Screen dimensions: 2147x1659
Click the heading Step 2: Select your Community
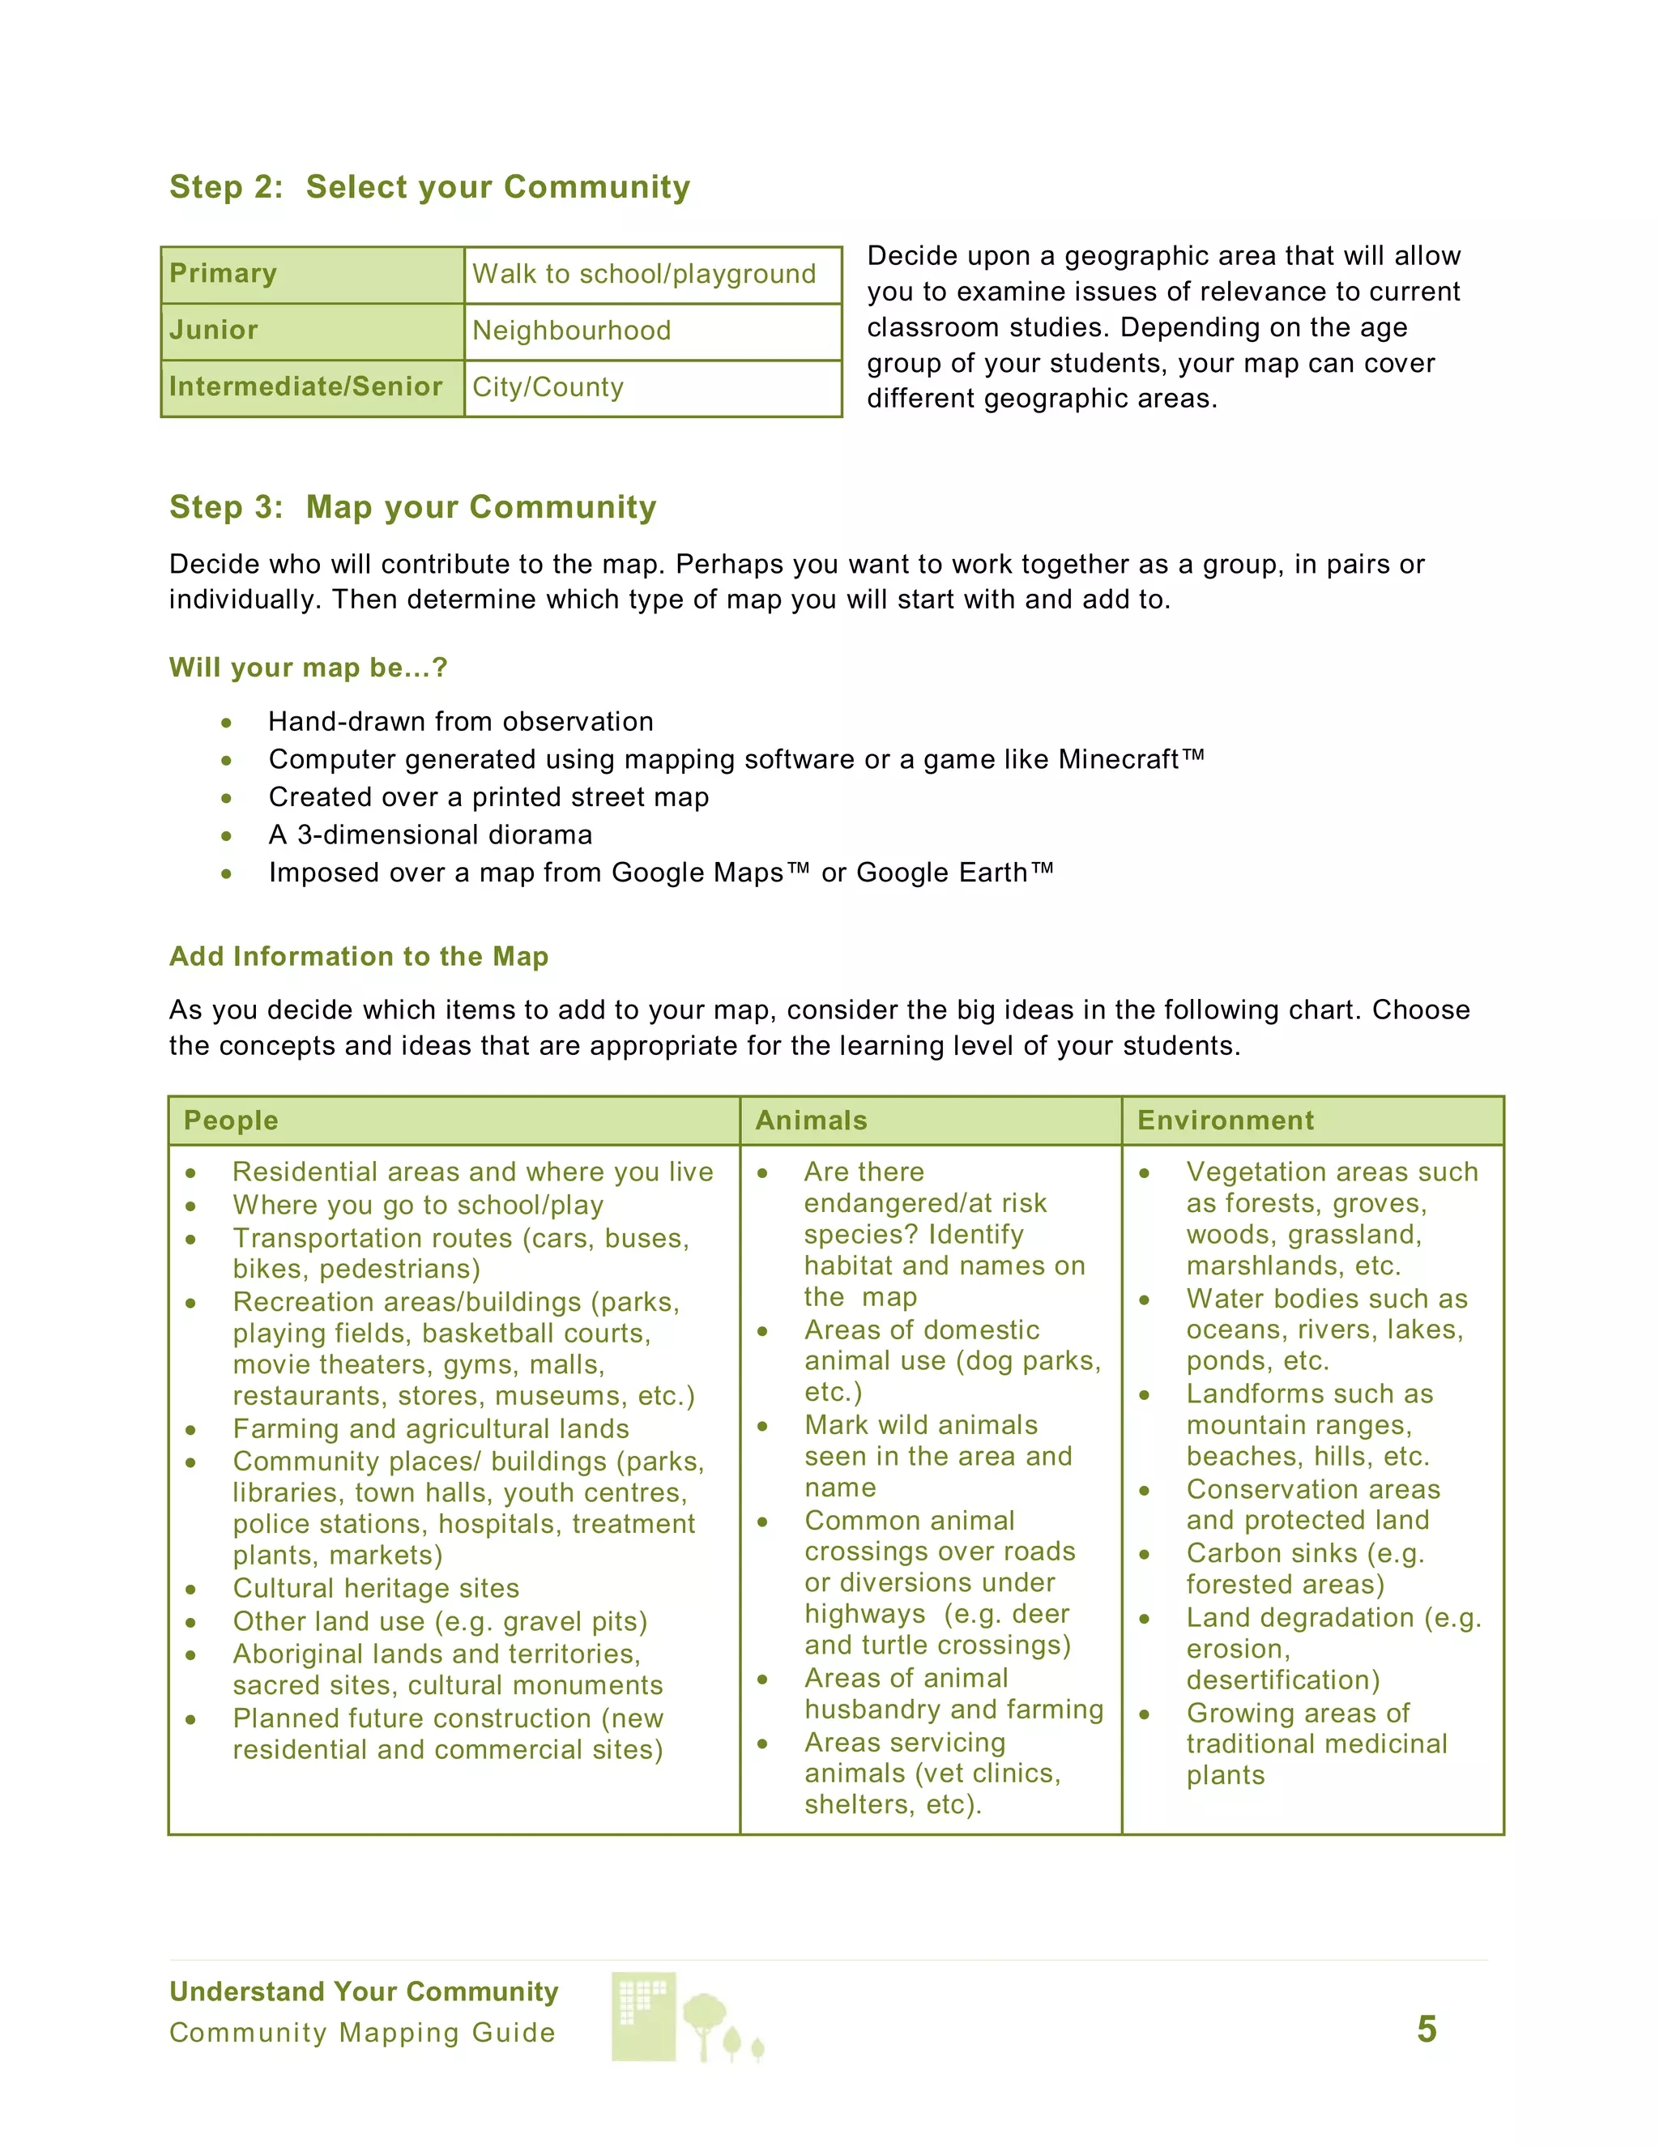[x=429, y=187]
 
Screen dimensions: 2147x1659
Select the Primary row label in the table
[x=223, y=273]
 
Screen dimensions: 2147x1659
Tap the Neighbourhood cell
[x=571, y=331]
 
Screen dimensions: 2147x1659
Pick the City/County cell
[x=548, y=387]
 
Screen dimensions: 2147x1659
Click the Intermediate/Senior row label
[x=305, y=386]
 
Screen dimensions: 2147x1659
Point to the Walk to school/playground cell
[x=644, y=273]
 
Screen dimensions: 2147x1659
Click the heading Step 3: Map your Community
[x=413, y=506]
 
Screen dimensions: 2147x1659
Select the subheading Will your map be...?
[x=308, y=668]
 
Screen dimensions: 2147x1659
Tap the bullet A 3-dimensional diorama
[x=430, y=834]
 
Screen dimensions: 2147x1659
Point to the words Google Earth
[x=941, y=872]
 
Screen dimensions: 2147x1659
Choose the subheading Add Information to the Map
[x=359, y=957]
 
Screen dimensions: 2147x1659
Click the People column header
[x=231, y=1120]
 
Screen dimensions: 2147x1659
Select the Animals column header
[x=811, y=1120]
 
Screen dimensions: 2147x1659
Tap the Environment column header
[x=1225, y=1120]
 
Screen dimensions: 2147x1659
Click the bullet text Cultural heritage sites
[x=375, y=1589]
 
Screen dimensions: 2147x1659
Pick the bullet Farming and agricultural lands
[x=430, y=1429]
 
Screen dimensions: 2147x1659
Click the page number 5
[x=1426, y=2029]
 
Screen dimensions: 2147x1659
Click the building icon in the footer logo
[x=644, y=2015]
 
